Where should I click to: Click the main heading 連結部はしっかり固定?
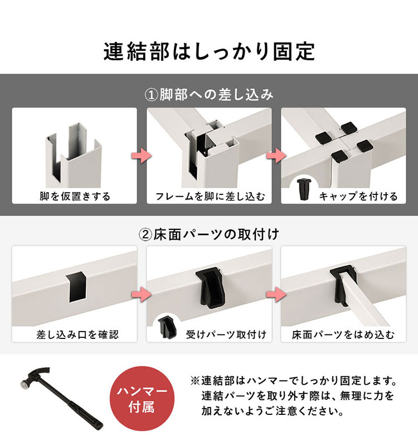(x=209, y=51)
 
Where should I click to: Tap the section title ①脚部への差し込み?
(x=208, y=94)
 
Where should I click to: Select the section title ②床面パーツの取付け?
(x=208, y=235)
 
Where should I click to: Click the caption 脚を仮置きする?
(x=75, y=196)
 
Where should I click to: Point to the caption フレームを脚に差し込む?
(x=210, y=196)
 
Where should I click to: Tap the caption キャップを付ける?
(x=358, y=196)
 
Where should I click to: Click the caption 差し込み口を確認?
(x=77, y=334)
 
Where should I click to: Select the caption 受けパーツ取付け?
(x=226, y=334)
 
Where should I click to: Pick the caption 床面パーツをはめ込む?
(x=343, y=334)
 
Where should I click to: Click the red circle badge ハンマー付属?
(x=142, y=399)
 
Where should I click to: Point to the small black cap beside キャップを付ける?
(x=303, y=189)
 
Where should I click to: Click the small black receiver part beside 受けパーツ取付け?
(x=168, y=327)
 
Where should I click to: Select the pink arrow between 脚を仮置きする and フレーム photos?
(x=142, y=155)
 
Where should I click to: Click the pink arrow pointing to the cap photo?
(x=276, y=155)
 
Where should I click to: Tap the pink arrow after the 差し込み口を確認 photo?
(x=142, y=294)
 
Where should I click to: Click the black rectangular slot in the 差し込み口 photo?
(x=76, y=287)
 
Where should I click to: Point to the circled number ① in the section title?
(x=152, y=95)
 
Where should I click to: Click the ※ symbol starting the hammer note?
(x=195, y=381)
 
